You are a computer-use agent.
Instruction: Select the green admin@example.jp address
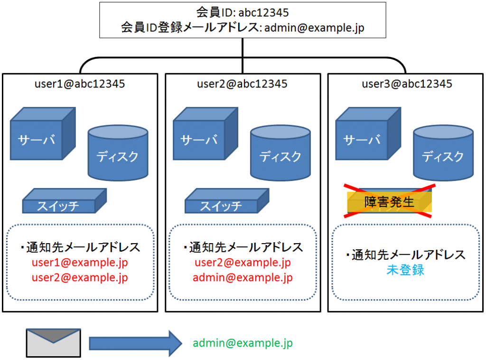pyautogui.click(x=243, y=343)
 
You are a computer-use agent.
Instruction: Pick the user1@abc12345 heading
pyautogui.click(x=80, y=84)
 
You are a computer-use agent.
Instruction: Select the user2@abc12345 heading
pyautogui.click(x=242, y=84)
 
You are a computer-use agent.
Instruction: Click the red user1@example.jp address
pyautogui.click(x=80, y=262)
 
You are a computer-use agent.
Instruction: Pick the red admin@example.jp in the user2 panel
pyautogui.click(x=243, y=277)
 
